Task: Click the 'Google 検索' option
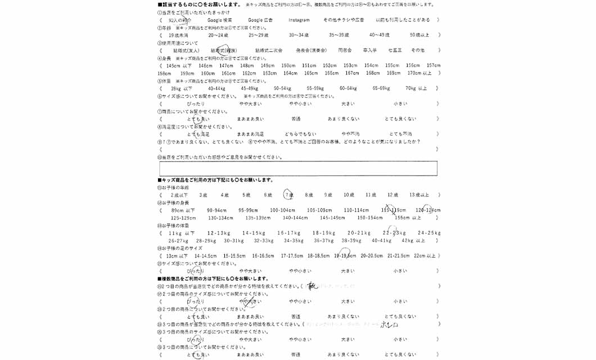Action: pyautogui.click(x=219, y=20)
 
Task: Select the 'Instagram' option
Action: pyautogui.click(x=299, y=20)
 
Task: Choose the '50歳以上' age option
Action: pyautogui.click(x=419, y=35)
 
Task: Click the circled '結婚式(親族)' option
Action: pyautogui.click(x=223, y=50)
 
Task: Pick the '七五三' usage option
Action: pyautogui.click(x=395, y=50)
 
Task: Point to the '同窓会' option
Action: pyautogui.click(x=345, y=50)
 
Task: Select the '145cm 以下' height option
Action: pyautogui.click(x=179, y=65)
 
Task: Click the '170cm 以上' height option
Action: pyautogui.click(x=419, y=73)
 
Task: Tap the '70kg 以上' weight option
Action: pyautogui.click(x=416, y=88)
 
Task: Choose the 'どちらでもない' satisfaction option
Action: pyautogui.click(x=300, y=134)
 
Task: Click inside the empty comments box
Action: pyautogui.click(x=298, y=168)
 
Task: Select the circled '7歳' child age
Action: pyautogui.click(x=288, y=195)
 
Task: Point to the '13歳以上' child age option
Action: pyautogui.click(x=419, y=195)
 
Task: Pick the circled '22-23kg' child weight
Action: pyautogui.click(x=394, y=232)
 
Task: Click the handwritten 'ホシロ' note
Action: pyautogui.click(x=389, y=325)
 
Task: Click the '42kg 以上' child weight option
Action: pyautogui.click(x=413, y=240)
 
